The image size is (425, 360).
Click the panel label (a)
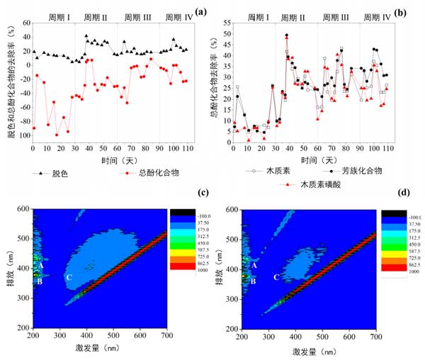click(201, 12)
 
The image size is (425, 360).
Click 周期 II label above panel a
click(96, 16)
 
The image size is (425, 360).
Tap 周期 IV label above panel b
click(376, 16)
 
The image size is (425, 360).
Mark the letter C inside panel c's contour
click(69, 277)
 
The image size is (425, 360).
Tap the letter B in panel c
click(40, 281)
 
